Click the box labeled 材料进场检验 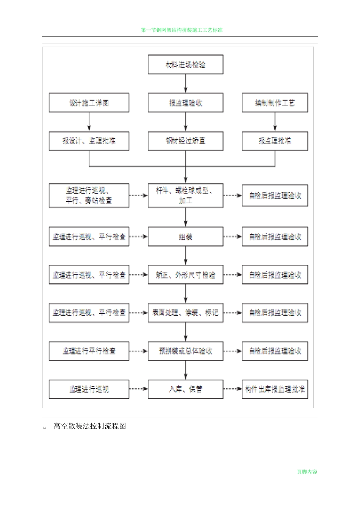(x=185, y=64)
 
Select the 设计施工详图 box (x=89, y=103)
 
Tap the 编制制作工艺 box (x=275, y=103)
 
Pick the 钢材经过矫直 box (x=185, y=141)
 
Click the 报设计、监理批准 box (x=89, y=141)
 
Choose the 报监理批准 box (x=275, y=141)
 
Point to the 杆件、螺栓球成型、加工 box (x=185, y=195)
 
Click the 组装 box (x=185, y=237)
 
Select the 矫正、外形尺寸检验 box (x=185, y=275)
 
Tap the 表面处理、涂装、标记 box (x=185, y=313)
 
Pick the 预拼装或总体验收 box (x=185, y=351)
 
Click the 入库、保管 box (x=185, y=389)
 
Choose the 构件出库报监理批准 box (x=275, y=389)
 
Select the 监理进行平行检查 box (x=89, y=351)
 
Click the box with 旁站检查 (x=89, y=195)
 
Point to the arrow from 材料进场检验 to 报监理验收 (x=186, y=84)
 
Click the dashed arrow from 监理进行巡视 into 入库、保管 (x=138, y=389)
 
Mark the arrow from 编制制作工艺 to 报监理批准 (x=275, y=122)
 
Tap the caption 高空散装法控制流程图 (x=90, y=426)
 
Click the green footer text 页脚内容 (x=307, y=472)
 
